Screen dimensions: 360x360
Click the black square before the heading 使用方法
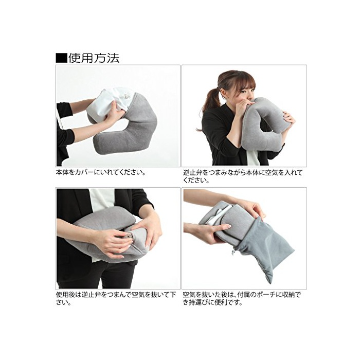pyautogui.click(x=61, y=58)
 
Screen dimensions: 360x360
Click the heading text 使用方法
pyautogui.click(x=94, y=58)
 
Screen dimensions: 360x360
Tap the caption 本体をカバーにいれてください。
pyautogui.click(x=101, y=172)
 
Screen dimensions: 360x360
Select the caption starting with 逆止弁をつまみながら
pyautogui.click(x=243, y=176)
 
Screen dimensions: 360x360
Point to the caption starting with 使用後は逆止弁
pyautogui.click(x=116, y=298)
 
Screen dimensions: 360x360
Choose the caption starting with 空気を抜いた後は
pyautogui.click(x=242, y=298)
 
